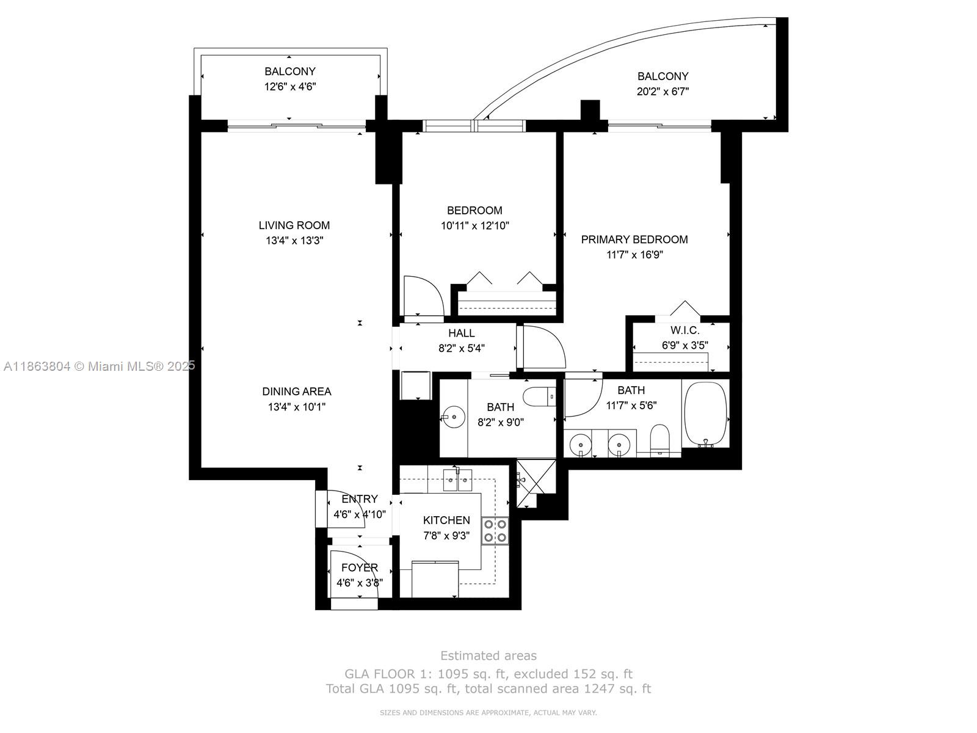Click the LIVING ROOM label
[294, 225]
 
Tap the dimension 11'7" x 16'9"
[634, 255]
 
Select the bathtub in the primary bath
[705, 413]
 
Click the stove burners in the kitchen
[495, 530]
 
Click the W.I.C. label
[685, 330]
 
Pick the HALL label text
[461, 334]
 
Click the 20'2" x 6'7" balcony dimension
[663, 92]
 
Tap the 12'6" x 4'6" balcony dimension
[290, 87]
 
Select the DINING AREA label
[297, 392]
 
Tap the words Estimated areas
[488, 655]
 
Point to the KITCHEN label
[446, 520]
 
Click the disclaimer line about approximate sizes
[488, 712]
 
